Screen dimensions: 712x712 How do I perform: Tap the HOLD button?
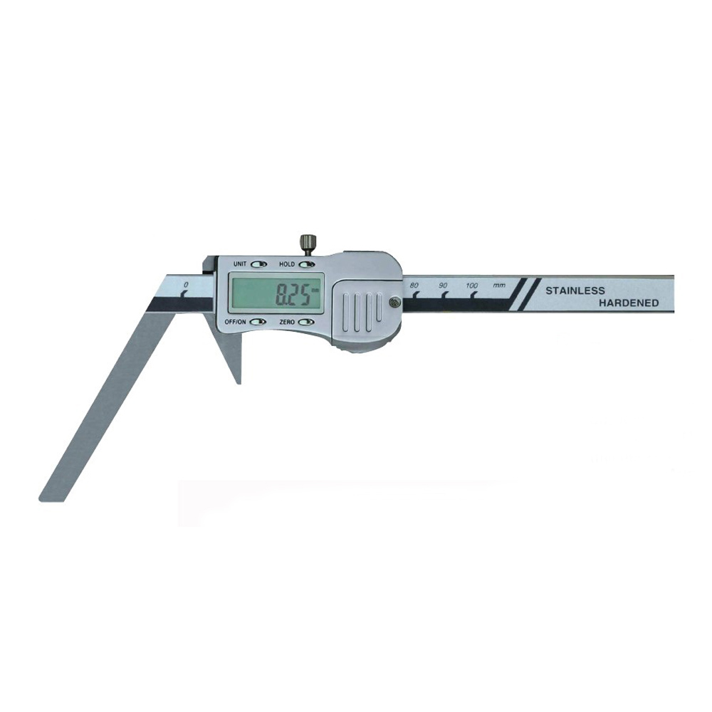click(306, 264)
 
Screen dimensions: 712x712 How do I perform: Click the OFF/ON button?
click(258, 322)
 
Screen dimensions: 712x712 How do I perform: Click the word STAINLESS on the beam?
click(575, 290)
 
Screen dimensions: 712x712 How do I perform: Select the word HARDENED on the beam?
click(629, 303)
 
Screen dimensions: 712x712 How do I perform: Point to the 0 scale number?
click(185, 285)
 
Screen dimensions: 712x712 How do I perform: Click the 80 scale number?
click(414, 286)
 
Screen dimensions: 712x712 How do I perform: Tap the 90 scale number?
click(443, 286)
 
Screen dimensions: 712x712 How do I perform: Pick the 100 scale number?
click(472, 286)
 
